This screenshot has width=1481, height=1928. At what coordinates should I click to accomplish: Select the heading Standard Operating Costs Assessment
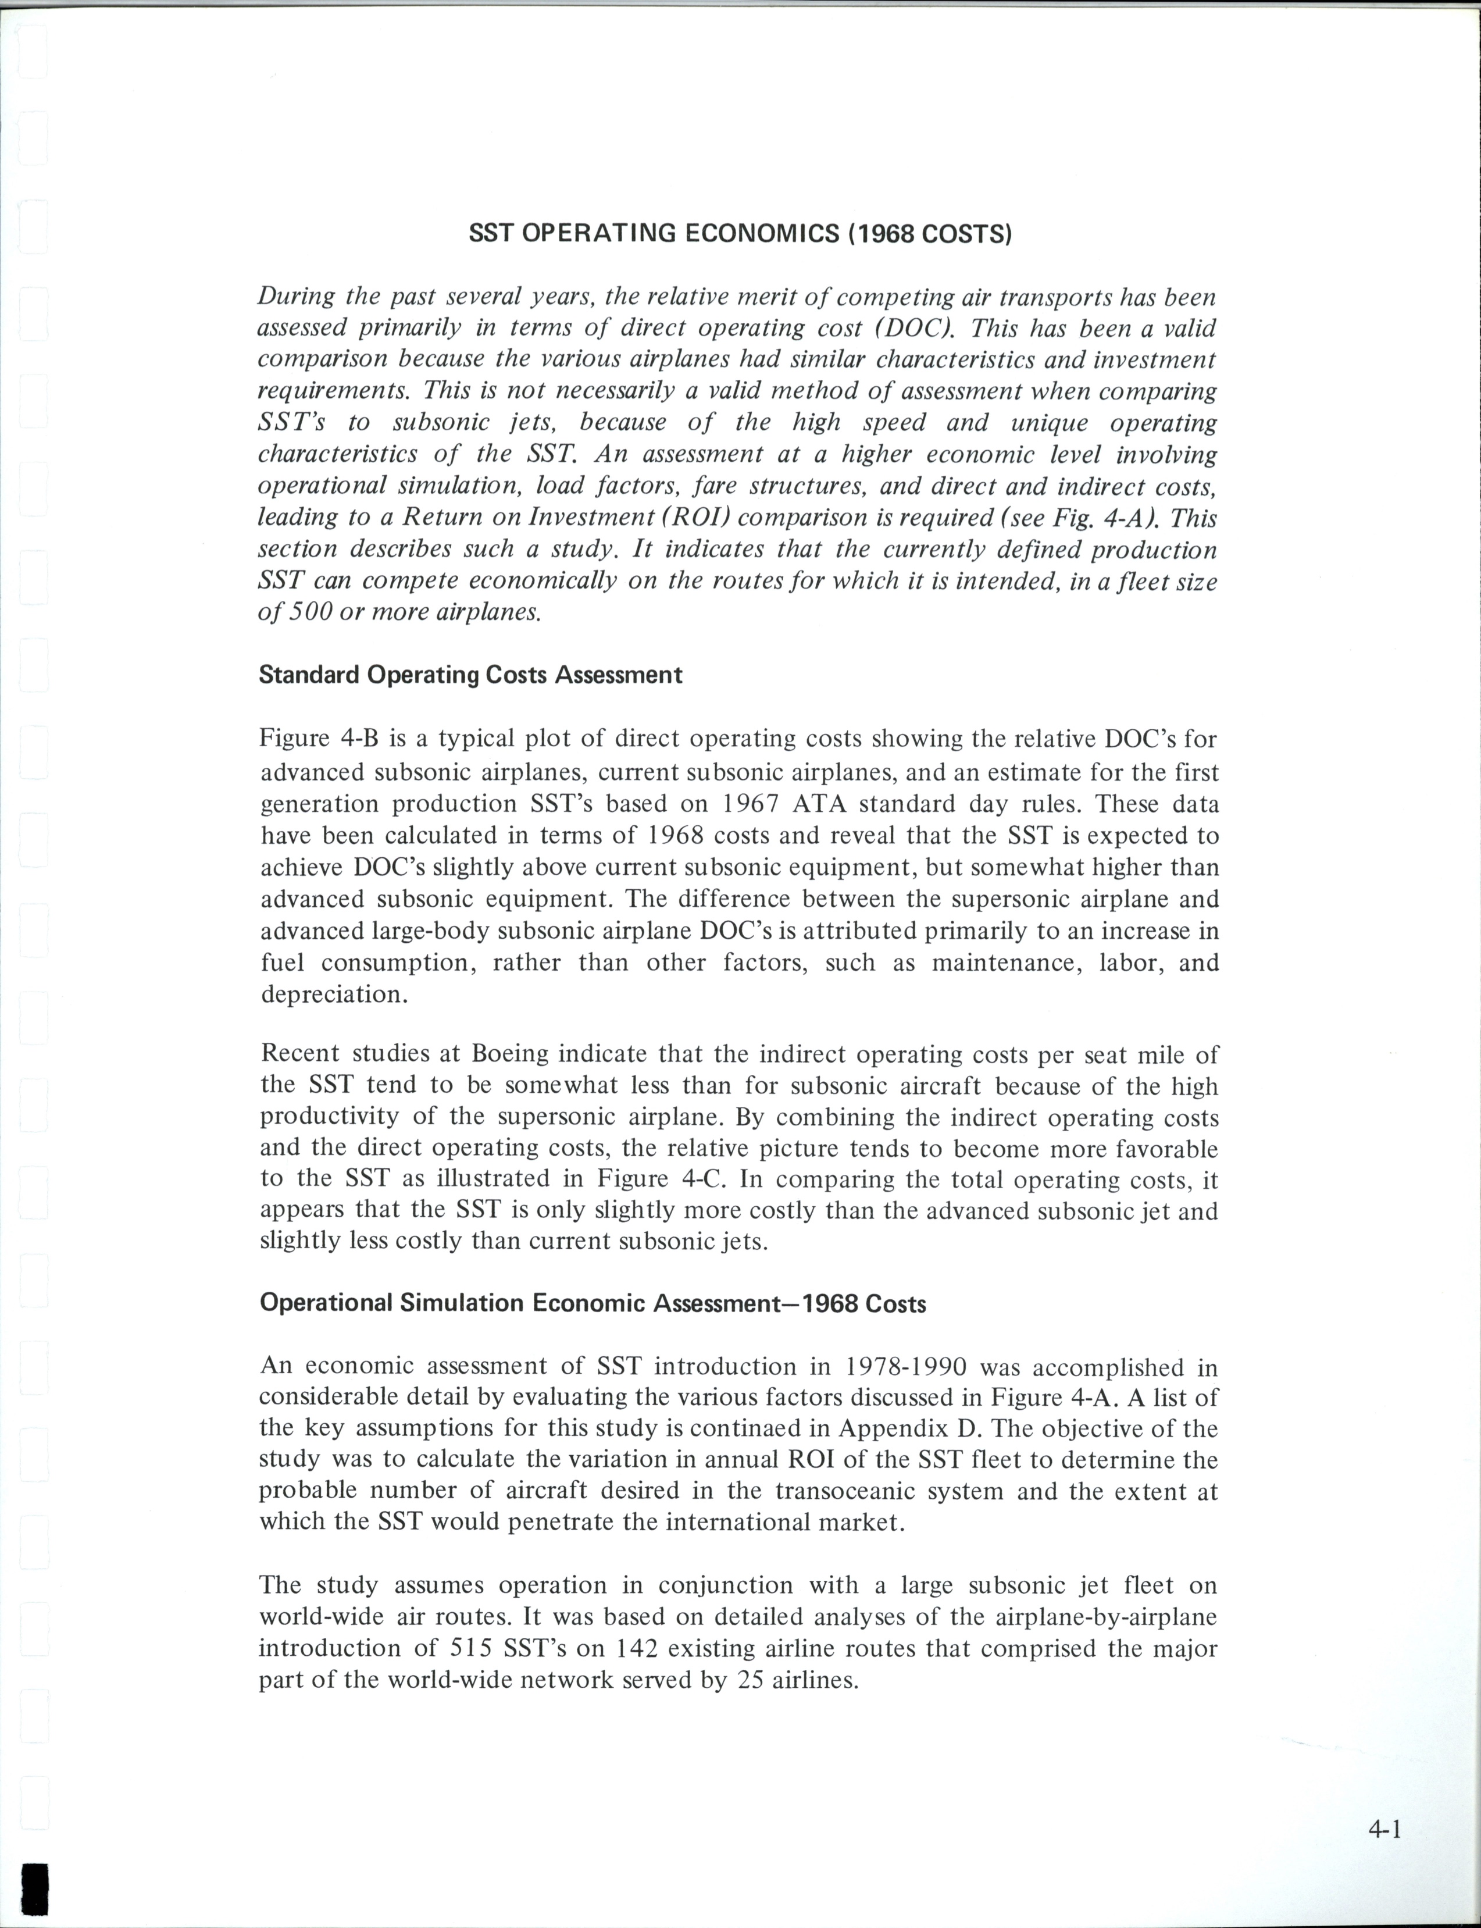470,675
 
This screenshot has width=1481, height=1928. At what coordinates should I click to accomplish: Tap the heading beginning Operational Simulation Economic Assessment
593,1303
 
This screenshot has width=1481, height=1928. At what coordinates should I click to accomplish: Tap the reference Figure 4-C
661,1179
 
